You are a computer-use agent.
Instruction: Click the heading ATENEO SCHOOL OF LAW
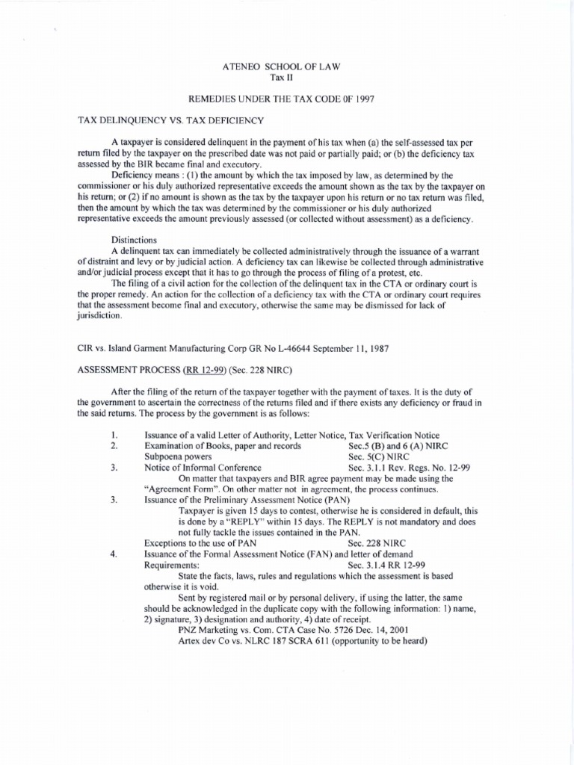point(287,67)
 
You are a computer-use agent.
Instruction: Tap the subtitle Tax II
point(287,78)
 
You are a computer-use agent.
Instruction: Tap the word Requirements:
point(171,565)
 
